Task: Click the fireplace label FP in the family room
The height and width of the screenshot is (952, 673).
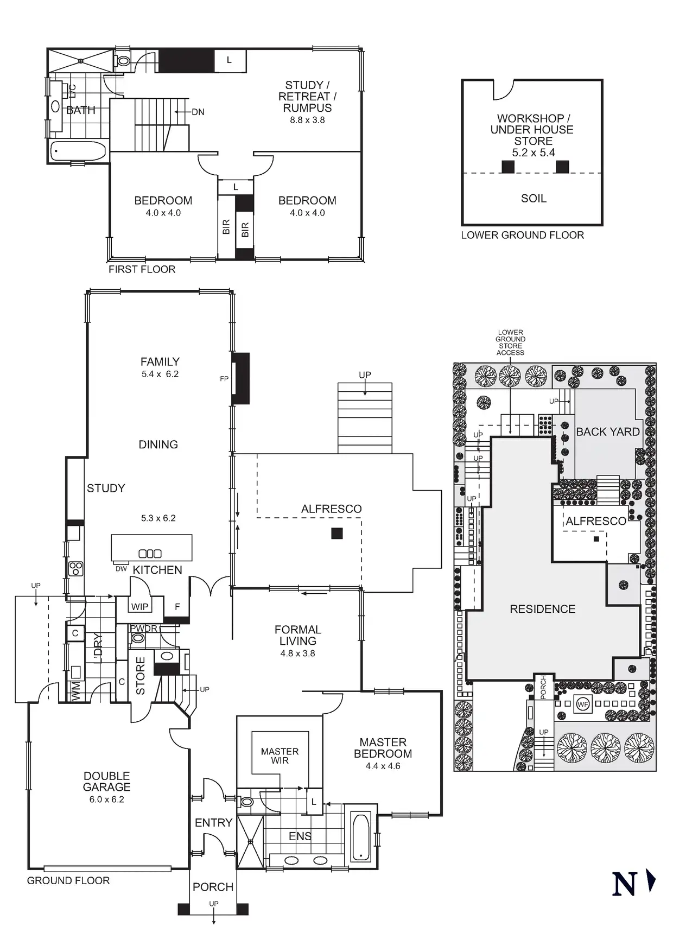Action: [x=224, y=379]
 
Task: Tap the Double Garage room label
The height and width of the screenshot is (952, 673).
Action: [x=107, y=782]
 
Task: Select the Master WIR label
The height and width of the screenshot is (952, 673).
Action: [x=280, y=756]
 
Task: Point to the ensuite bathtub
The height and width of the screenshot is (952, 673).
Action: [x=360, y=836]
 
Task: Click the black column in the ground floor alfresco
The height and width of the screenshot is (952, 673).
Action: [x=337, y=534]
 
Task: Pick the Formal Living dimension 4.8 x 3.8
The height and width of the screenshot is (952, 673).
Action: [x=297, y=653]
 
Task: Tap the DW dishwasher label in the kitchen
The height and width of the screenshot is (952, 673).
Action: [x=121, y=569]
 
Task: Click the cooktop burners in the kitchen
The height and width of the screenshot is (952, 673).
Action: [x=75, y=568]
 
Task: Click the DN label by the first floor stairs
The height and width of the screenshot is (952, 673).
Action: [x=198, y=112]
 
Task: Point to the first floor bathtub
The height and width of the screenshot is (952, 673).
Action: [x=78, y=151]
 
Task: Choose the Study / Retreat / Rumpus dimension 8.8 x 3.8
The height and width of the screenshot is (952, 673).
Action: [x=307, y=120]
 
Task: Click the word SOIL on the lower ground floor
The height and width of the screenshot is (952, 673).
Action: [x=534, y=199]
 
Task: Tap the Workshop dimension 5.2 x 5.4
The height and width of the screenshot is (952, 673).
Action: [x=534, y=153]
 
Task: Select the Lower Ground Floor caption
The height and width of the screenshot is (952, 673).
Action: [x=522, y=235]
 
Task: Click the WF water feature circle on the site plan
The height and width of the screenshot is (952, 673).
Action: [x=583, y=705]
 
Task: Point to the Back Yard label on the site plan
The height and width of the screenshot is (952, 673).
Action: [x=608, y=432]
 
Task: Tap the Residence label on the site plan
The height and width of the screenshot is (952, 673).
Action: [x=542, y=609]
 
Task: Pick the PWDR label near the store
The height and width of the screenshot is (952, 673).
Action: [x=144, y=629]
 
